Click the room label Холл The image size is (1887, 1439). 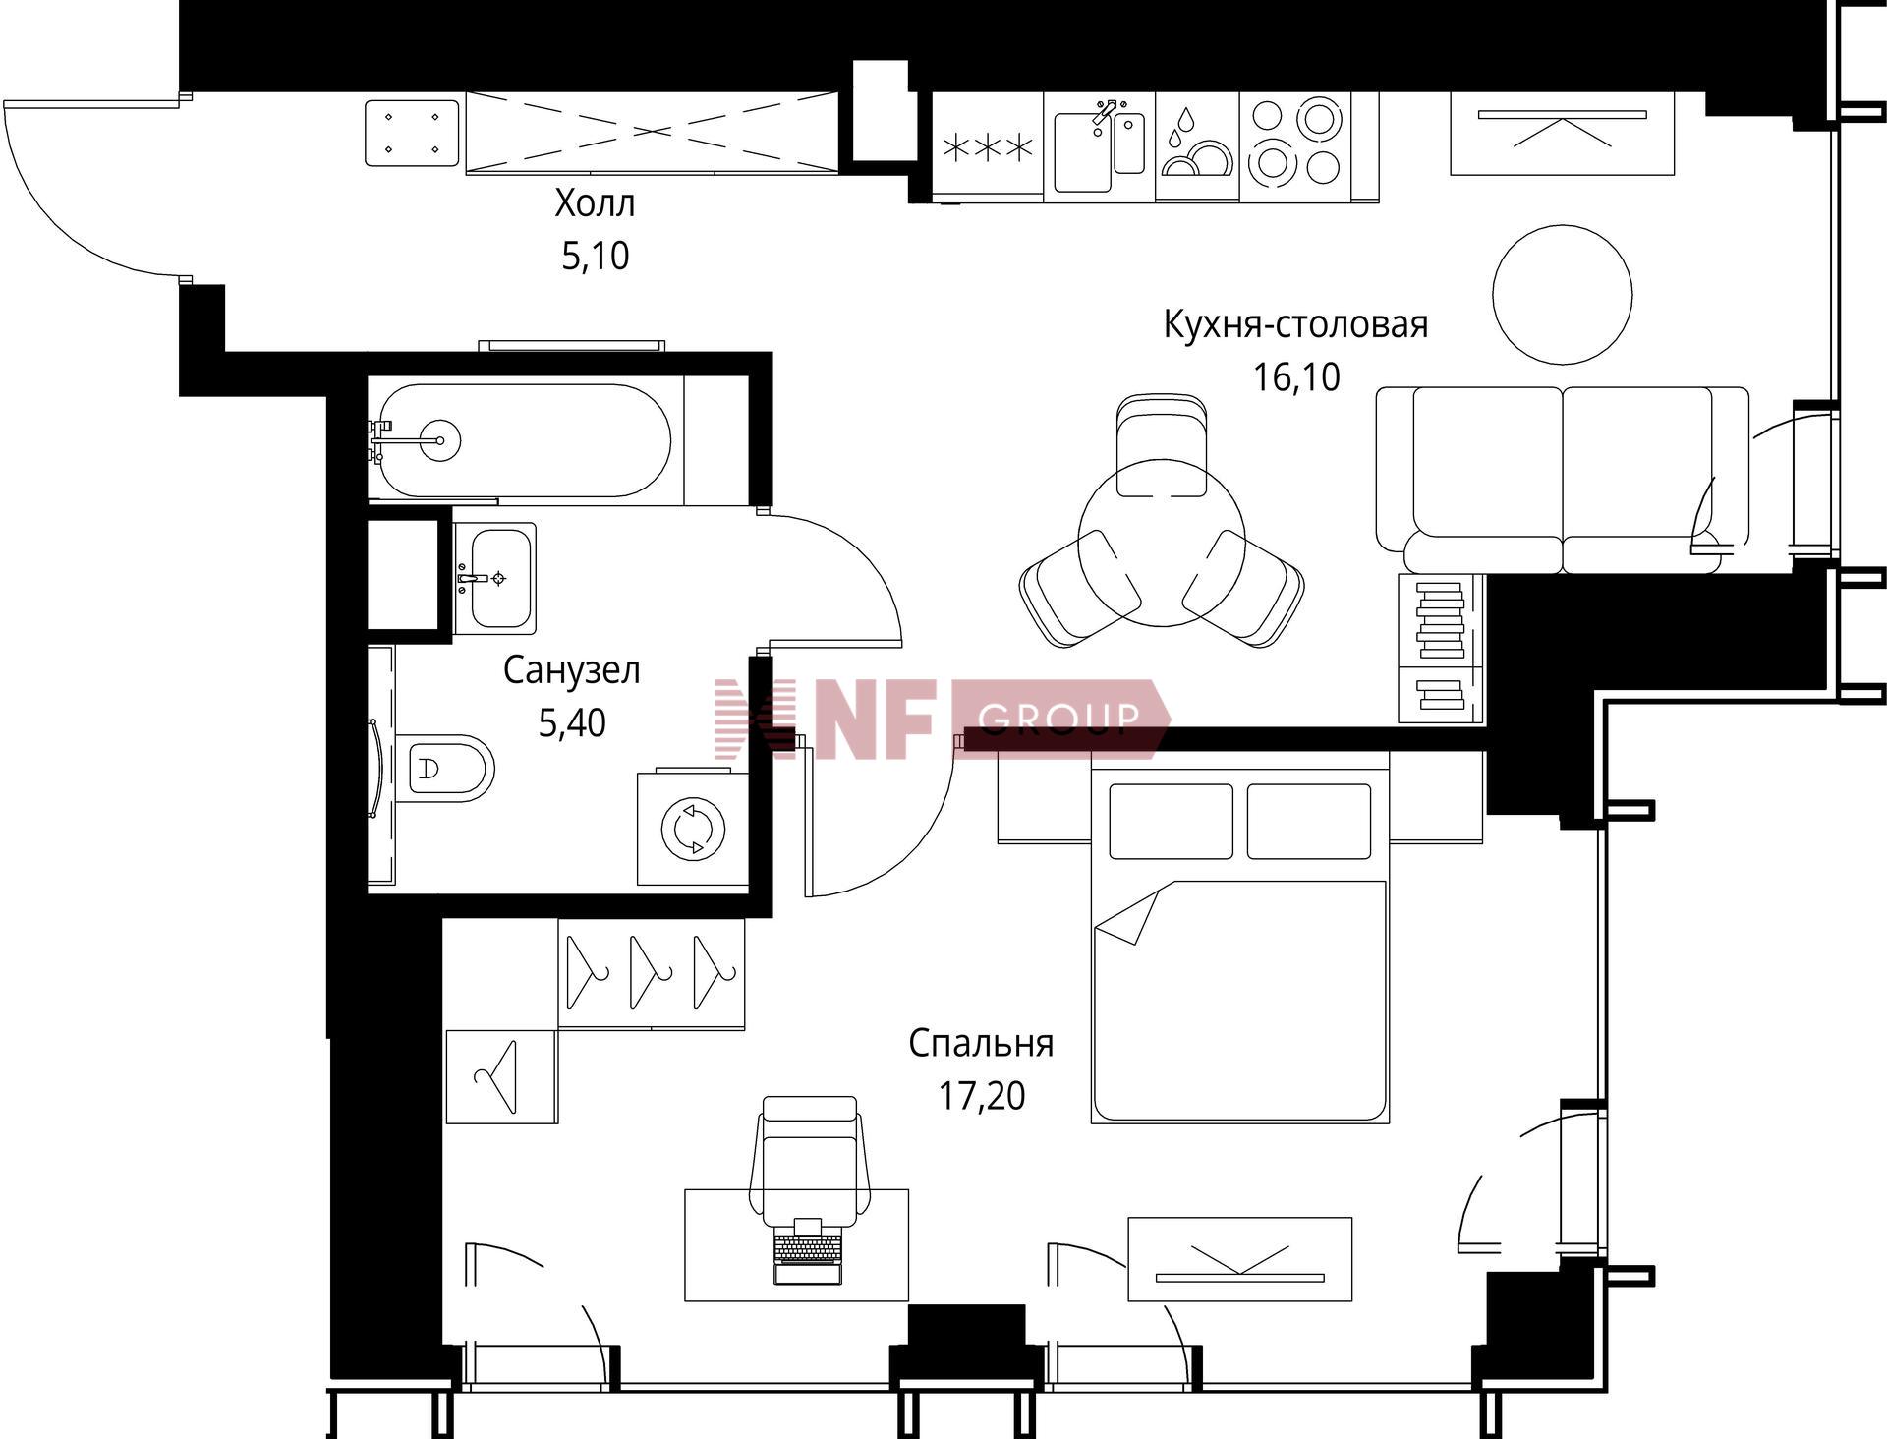point(595,203)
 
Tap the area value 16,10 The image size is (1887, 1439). point(1296,376)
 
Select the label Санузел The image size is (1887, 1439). point(572,670)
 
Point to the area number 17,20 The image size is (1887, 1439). point(982,1095)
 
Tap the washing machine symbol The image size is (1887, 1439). point(693,829)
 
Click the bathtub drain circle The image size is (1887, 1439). point(439,440)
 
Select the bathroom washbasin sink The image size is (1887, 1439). point(495,578)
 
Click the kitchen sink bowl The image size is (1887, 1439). point(1082,152)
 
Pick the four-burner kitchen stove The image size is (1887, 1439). point(1295,147)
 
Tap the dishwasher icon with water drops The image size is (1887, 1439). point(1197,147)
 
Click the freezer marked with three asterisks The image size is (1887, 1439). point(987,147)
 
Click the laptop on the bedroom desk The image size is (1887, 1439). point(808,1251)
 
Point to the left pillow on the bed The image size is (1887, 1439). point(1171,821)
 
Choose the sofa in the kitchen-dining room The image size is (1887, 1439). point(1562,480)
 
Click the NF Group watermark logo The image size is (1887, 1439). point(942,719)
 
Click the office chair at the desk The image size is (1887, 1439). point(810,1160)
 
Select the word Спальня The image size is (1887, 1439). point(981,1043)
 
